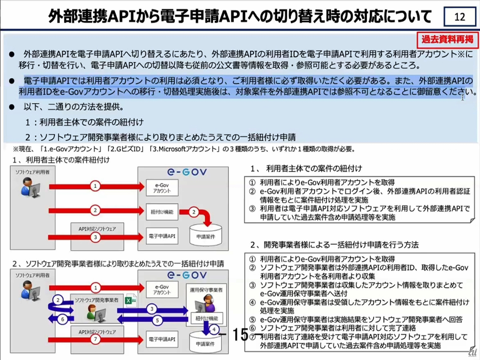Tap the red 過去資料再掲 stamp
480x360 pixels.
pos(447,39)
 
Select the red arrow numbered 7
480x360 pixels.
pos(96,339)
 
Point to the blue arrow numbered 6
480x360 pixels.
pos(62,319)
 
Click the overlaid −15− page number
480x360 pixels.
pos(240,335)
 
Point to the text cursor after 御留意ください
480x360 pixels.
pos(463,97)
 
